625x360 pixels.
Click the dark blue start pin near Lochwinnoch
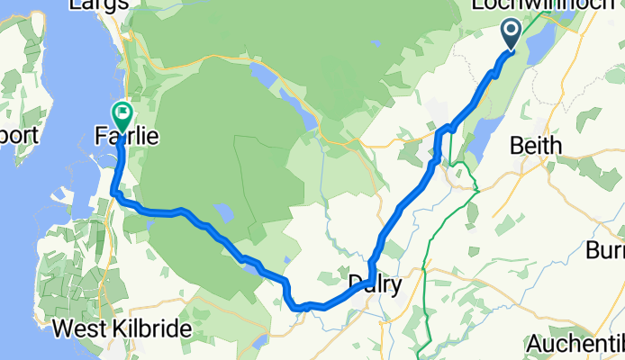tap(511, 36)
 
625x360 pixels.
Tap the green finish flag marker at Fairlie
tap(122, 114)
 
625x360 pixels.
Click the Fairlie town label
tap(128, 138)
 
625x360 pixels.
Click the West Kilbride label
tap(134, 328)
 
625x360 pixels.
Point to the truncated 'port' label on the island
tap(19, 137)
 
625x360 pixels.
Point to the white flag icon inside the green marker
tap(122, 112)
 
